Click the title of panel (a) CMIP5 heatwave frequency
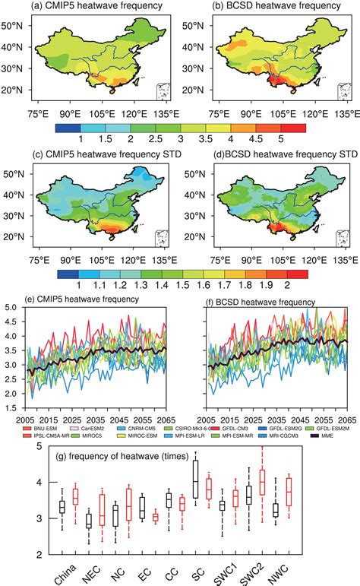(91, 8)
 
